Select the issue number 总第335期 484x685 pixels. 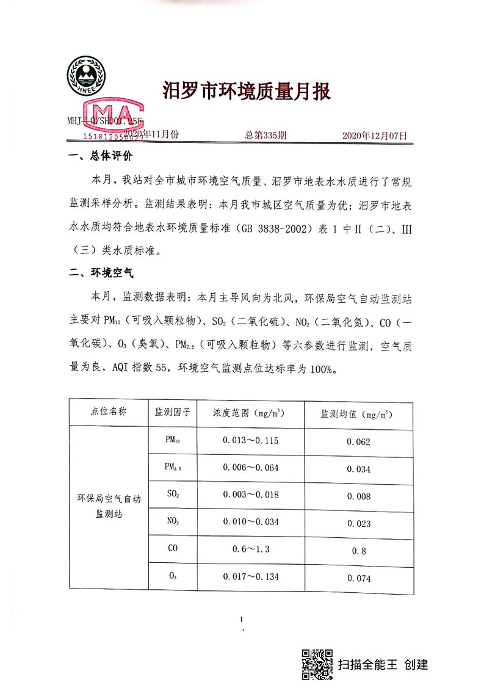[265, 136]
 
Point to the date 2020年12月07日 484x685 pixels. [374, 136]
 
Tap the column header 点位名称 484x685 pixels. [109, 412]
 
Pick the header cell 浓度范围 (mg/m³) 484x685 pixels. [250, 412]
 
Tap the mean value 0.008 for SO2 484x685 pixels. [358, 496]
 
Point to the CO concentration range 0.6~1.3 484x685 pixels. [250, 549]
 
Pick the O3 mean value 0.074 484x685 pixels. [358, 579]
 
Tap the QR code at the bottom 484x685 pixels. [317, 663]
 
